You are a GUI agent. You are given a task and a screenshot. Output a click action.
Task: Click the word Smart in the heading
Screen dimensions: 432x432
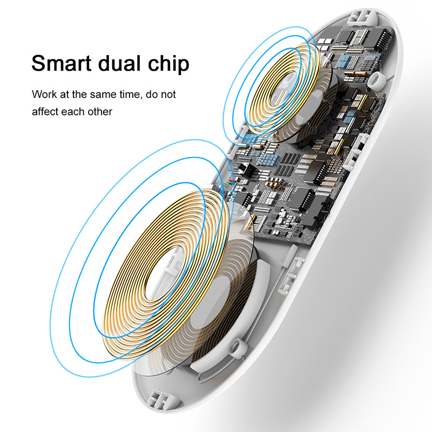(61, 63)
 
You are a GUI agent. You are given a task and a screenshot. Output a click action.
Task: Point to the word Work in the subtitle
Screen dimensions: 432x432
(44, 94)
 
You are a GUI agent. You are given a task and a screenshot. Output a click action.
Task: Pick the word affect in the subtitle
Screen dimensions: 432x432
(45, 112)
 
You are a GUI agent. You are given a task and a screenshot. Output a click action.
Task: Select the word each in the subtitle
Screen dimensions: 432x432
(73, 112)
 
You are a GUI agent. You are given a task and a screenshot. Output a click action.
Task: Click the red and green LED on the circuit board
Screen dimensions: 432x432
(231, 181)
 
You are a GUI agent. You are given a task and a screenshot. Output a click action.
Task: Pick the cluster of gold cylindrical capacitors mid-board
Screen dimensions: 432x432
(274, 183)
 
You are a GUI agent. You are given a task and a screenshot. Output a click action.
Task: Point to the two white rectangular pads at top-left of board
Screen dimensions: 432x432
(325, 41)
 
